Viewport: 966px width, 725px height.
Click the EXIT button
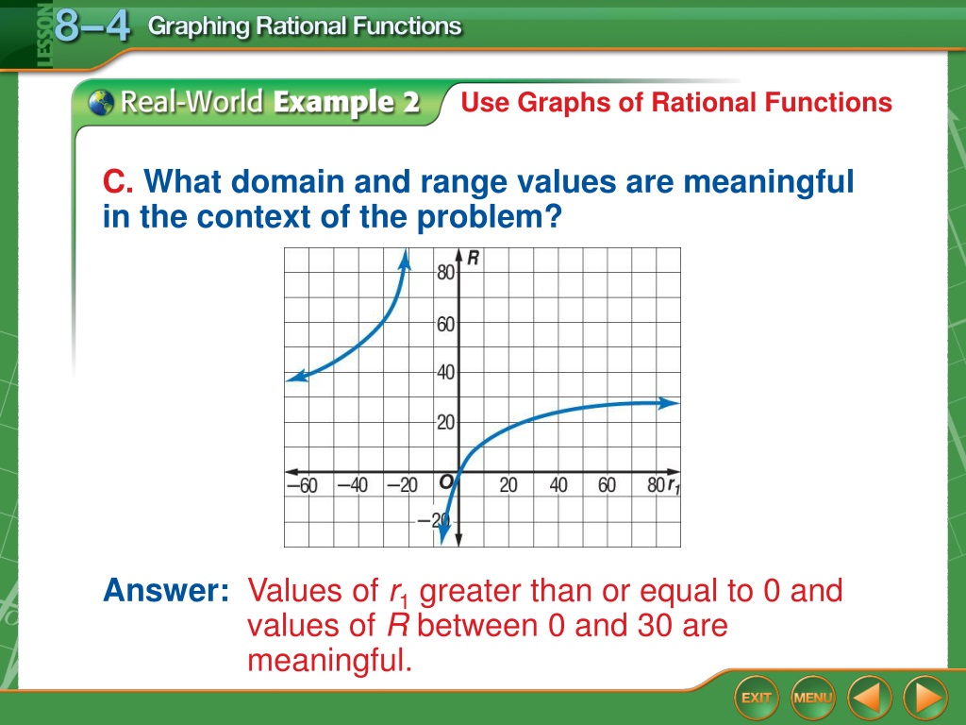(x=757, y=698)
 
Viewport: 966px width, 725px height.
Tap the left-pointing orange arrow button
(x=870, y=698)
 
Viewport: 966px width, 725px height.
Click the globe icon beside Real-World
(x=100, y=102)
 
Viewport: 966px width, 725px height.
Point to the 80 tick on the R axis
(x=445, y=272)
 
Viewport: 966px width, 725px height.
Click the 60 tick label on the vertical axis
(x=445, y=324)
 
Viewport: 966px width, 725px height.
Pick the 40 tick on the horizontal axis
(x=558, y=485)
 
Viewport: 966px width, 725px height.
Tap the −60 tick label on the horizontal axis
(x=303, y=485)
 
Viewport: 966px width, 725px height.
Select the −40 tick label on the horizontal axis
(x=353, y=485)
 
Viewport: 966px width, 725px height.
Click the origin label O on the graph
(x=446, y=481)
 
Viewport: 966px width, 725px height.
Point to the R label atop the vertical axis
(x=473, y=258)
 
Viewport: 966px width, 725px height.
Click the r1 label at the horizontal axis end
(x=674, y=486)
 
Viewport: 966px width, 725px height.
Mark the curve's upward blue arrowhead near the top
(x=405, y=260)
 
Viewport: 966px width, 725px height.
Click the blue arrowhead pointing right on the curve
(x=669, y=404)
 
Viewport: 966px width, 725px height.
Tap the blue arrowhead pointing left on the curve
(x=297, y=376)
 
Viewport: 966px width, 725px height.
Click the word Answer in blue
(x=166, y=590)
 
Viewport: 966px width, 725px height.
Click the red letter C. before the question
(x=118, y=181)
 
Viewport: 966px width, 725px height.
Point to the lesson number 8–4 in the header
(x=92, y=25)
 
